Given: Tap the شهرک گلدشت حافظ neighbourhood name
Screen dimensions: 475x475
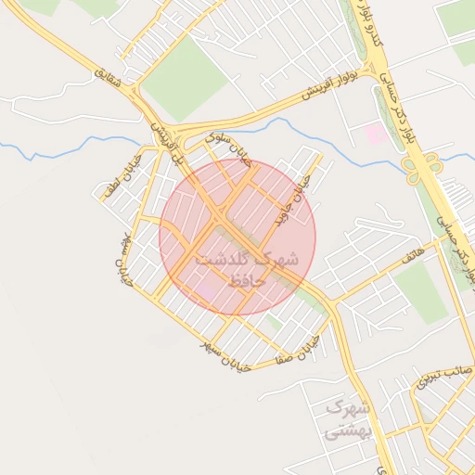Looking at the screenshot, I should tap(247, 267).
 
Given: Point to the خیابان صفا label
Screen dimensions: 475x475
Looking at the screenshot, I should tap(297, 348).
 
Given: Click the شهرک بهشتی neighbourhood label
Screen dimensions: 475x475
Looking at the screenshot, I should tap(348, 418).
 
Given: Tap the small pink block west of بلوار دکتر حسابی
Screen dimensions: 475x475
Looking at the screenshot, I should tap(376, 134).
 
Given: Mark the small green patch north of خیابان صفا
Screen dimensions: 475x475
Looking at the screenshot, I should tap(274, 323).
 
